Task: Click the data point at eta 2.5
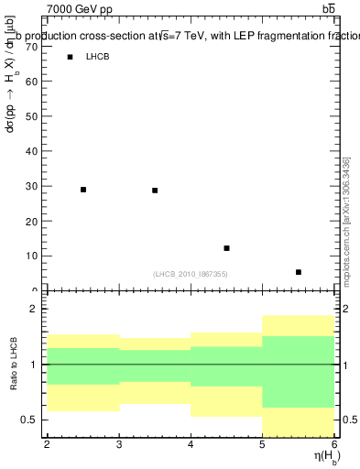83,190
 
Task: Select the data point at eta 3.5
155,191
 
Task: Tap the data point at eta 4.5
226,248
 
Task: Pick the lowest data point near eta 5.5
299,272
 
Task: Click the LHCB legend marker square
70,57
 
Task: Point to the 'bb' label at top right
328,8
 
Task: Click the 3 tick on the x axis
119,444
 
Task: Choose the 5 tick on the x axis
263,444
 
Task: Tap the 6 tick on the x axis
334,444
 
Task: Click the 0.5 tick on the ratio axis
32,420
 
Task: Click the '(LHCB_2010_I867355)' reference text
191,274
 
